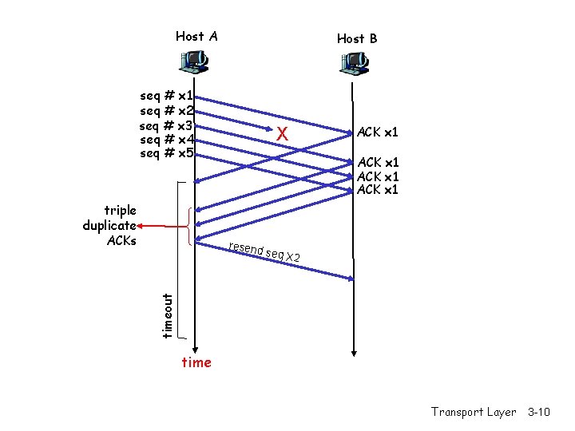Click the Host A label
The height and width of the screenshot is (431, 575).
coord(196,36)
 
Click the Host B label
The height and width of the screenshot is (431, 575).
coord(357,38)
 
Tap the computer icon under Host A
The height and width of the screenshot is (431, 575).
coord(194,60)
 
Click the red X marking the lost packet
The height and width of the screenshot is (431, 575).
coord(281,135)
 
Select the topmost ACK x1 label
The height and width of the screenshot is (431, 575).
coord(378,132)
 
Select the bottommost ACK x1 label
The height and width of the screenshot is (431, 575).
coord(378,190)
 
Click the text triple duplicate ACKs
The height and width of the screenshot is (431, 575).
coord(110,225)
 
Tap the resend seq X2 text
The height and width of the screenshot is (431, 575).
coord(264,251)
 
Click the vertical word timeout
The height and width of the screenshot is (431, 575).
coord(167,314)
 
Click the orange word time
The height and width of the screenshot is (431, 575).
coord(196,363)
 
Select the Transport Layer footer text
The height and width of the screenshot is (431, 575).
coord(474,412)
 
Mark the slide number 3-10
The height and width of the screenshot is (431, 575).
coord(539,412)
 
